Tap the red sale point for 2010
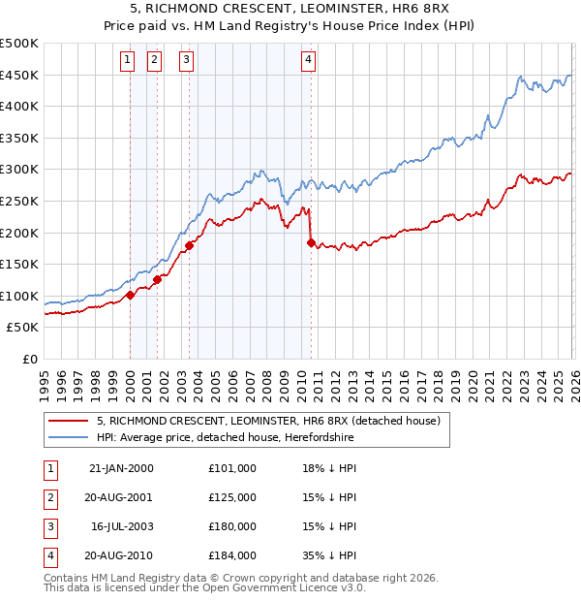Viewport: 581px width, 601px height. click(x=311, y=242)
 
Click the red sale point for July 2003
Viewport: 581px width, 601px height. click(x=190, y=245)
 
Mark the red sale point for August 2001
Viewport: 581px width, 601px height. click(x=157, y=280)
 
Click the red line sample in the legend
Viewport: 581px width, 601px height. click(x=69, y=421)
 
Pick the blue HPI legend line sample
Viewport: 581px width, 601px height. click(x=69, y=437)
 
